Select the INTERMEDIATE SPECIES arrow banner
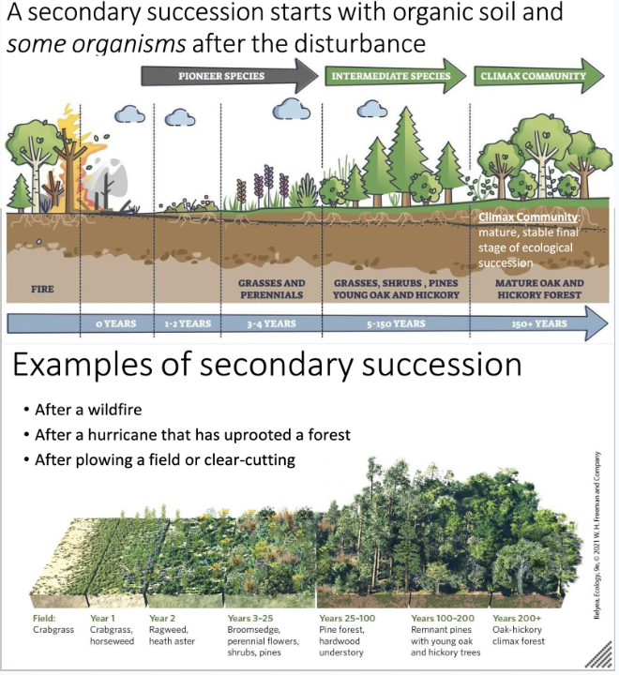[398, 76]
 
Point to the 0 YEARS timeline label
[116, 323]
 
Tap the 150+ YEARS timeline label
[538, 323]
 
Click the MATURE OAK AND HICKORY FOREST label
[538, 288]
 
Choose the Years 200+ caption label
[516, 619]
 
